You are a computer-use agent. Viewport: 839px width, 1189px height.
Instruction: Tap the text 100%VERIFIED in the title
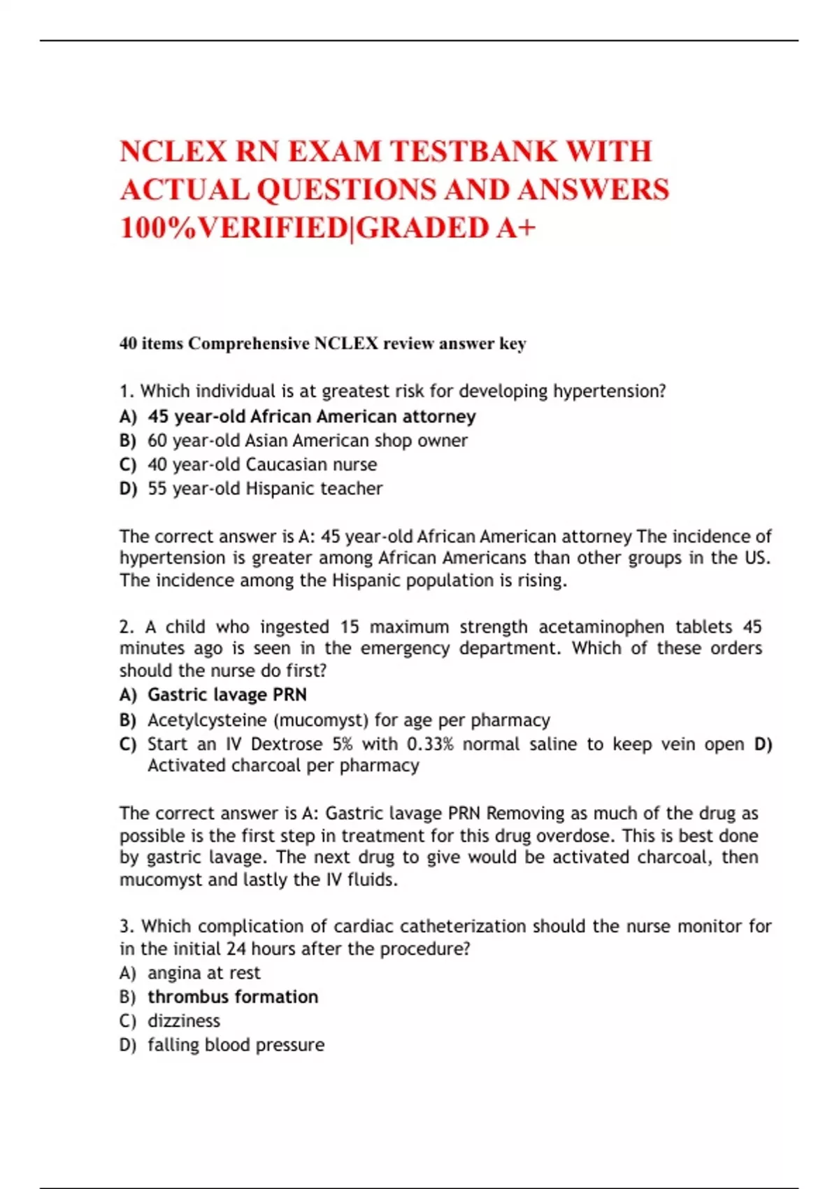tap(233, 228)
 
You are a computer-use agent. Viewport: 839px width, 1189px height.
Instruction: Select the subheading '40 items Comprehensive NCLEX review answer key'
tap(322, 343)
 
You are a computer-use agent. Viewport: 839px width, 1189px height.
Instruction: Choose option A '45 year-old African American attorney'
tap(311, 417)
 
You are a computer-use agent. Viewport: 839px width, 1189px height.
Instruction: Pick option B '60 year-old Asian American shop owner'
tap(307, 441)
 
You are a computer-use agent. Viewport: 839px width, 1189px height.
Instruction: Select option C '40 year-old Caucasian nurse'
tap(262, 464)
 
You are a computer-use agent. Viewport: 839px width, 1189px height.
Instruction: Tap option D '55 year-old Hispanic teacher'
tap(265, 488)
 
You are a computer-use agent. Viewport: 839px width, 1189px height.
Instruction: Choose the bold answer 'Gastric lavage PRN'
tap(227, 695)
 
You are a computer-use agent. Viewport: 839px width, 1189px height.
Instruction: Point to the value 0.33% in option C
tap(430, 743)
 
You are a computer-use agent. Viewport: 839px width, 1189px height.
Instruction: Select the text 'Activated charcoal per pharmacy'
tap(283, 765)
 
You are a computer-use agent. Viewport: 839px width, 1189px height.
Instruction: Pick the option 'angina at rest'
tap(203, 973)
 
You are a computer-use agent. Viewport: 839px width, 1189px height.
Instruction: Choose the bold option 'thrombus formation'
tap(233, 997)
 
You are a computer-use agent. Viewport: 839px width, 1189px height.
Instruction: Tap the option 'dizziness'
tap(184, 1020)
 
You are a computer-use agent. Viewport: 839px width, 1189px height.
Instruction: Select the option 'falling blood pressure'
tap(236, 1044)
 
